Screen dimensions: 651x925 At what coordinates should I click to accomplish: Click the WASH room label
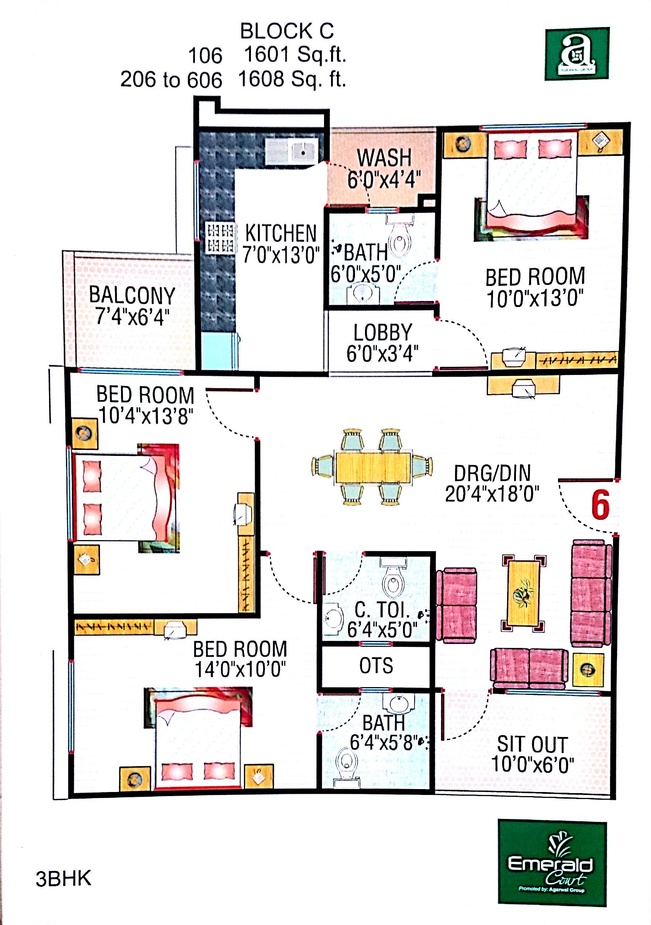click(x=384, y=157)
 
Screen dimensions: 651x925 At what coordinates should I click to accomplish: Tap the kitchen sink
click(x=292, y=151)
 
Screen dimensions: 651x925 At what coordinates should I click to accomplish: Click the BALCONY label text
click(x=132, y=295)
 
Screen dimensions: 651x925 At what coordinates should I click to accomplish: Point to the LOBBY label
click(x=383, y=332)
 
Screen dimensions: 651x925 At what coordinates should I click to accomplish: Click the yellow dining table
click(x=373, y=467)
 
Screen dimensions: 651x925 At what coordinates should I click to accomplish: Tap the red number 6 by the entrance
click(x=600, y=505)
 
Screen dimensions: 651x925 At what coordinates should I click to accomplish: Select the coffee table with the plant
click(x=523, y=593)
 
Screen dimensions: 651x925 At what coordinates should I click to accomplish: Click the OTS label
click(x=376, y=666)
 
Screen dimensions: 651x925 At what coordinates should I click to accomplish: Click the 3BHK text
click(x=63, y=879)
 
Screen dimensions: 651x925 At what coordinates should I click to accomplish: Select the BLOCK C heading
click(x=287, y=31)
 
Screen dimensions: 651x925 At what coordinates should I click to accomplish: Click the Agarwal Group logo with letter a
click(x=577, y=54)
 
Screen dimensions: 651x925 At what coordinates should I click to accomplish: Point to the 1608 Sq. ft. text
click(x=292, y=79)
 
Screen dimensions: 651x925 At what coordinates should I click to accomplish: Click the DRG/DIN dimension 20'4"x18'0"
click(x=492, y=494)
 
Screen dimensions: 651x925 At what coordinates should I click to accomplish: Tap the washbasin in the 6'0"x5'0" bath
click(x=363, y=293)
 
